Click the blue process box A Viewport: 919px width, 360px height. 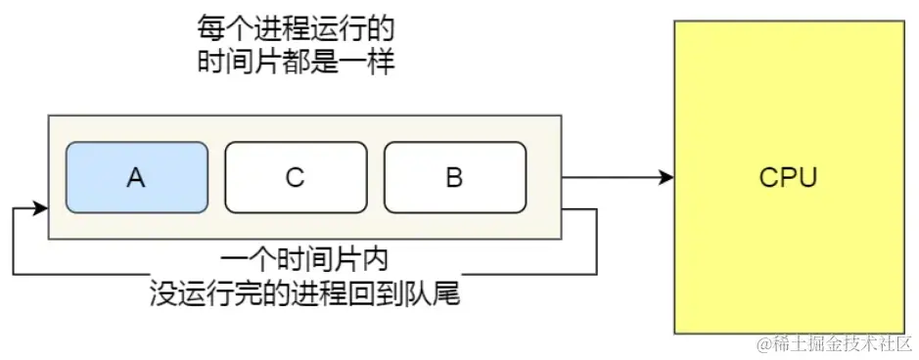(137, 177)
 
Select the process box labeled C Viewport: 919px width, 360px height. (296, 177)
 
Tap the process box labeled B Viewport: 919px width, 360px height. (454, 177)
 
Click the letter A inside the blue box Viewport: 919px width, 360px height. (136, 178)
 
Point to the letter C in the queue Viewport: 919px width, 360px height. (296, 178)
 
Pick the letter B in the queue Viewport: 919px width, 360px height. (454, 178)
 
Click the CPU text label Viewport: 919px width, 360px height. (788, 178)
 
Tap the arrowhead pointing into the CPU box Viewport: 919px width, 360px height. (667, 178)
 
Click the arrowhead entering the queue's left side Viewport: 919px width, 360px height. (40, 208)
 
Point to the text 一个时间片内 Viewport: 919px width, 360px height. (304, 261)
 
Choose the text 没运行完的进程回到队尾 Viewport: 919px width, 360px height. (304, 292)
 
